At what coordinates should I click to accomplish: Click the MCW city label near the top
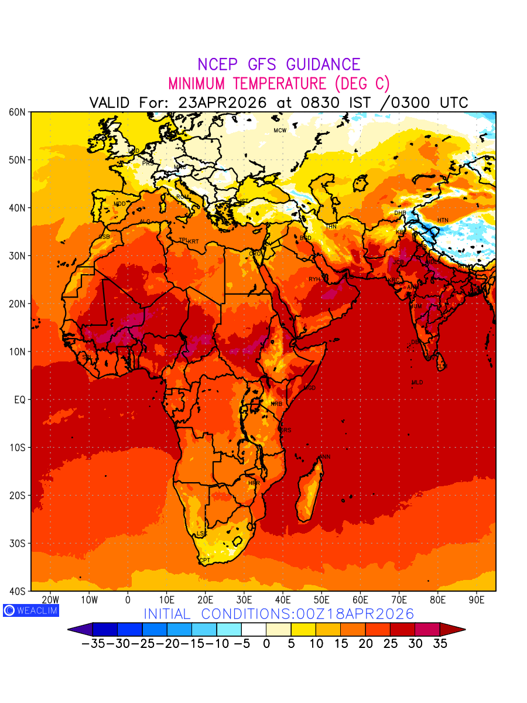coord(280,130)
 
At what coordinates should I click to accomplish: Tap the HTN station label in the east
coord(443,220)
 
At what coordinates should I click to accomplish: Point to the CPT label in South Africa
coord(204,561)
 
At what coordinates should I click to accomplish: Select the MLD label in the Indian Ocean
coord(417,383)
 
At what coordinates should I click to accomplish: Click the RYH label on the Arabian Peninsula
coord(314,279)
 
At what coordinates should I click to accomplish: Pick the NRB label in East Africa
coord(276,404)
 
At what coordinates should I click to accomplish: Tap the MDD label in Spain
coord(119,204)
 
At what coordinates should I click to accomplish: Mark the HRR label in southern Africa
coord(254,483)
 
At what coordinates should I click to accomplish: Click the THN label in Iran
coord(331,226)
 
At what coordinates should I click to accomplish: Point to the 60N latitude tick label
coord(16,112)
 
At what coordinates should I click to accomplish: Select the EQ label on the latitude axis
coord(19,400)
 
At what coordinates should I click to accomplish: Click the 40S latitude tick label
coord(16,591)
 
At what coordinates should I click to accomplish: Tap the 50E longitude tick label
coord(321,600)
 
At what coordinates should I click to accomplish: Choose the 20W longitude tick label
coord(51,600)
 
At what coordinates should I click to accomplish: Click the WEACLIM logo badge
coord(30,610)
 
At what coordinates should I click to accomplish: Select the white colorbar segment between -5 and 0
coord(254,630)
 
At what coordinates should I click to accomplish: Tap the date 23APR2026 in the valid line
coord(223,103)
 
